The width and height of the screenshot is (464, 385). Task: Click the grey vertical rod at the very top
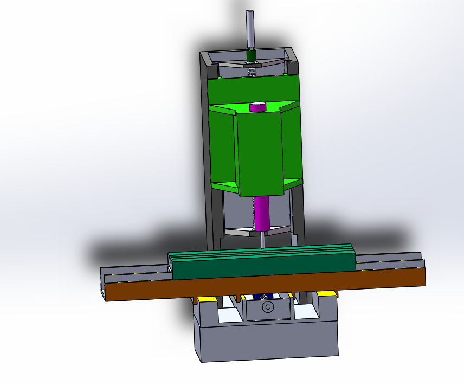(x=250, y=30)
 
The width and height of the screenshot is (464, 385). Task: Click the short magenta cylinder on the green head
(x=258, y=107)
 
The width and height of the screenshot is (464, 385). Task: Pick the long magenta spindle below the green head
(x=262, y=213)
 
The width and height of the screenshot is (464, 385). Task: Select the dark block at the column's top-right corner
(x=292, y=68)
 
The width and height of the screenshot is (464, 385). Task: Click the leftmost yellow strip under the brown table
(x=206, y=298)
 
